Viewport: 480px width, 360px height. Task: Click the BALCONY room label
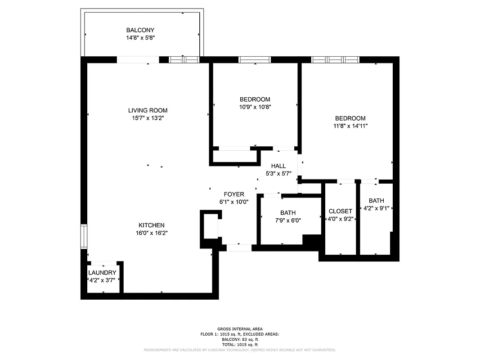[141, 30]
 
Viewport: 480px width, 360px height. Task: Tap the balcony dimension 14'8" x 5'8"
[141, 38]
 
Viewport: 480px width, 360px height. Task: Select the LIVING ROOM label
[148, 110]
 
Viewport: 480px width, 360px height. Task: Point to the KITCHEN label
[151, 225]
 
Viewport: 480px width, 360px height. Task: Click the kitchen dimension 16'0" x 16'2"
[151, 233]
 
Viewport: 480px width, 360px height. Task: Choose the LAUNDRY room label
[102, 273]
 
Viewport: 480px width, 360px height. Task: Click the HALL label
[278, 166]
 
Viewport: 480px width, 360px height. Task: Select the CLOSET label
[341, 211]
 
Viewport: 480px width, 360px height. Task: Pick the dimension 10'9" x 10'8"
[255, 107]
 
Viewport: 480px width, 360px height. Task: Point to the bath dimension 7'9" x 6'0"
[288, 220]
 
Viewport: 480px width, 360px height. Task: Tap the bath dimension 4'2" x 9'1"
[376, 208]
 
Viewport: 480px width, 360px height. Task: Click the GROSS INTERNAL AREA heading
[240, 329]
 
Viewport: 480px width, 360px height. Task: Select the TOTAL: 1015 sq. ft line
[240, 345]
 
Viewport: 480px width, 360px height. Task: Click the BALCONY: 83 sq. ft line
[240, 340]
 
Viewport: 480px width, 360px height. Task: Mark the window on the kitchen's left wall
[84, 236]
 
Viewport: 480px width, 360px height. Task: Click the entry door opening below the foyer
[239, 247]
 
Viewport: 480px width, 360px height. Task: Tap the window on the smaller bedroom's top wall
[255, 59]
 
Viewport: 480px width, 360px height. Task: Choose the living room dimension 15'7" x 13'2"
[148, 118]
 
